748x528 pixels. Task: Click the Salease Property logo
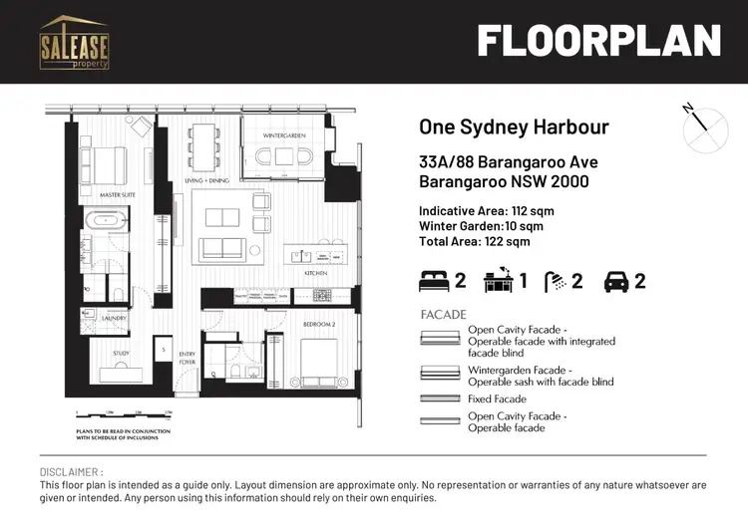(74, 41)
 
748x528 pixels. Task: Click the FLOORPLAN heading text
(597, 42)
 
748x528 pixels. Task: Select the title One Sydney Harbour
(514, 128)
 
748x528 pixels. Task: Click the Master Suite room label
(118, 195)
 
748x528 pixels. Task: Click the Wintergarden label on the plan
(284, 134)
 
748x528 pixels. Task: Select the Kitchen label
(317, 272)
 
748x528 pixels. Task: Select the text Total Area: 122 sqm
(474, 241)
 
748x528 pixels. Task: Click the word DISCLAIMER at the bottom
(71, 472)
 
